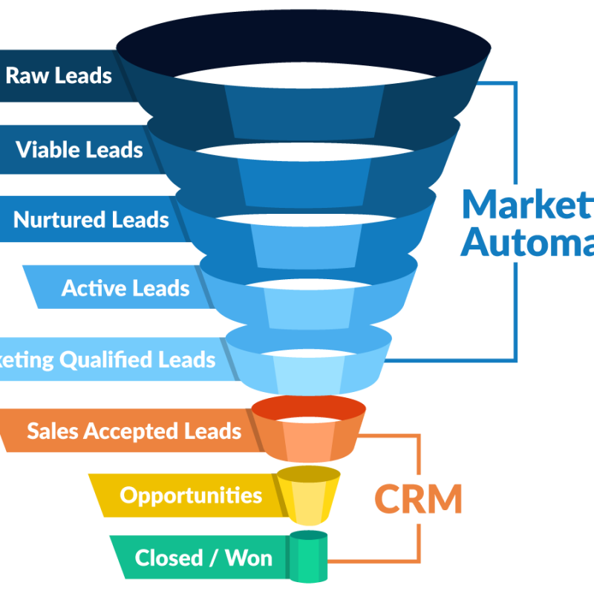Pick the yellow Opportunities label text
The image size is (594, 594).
coord(191,496)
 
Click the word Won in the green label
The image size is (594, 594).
coord(248,558)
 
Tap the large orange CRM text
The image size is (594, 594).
coord(417,499)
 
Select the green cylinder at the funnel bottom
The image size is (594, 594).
coord(308,557)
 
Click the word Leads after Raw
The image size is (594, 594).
coord(83,76)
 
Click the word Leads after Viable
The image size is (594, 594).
coord(112,149)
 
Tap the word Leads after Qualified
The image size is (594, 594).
coord(186,361)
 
